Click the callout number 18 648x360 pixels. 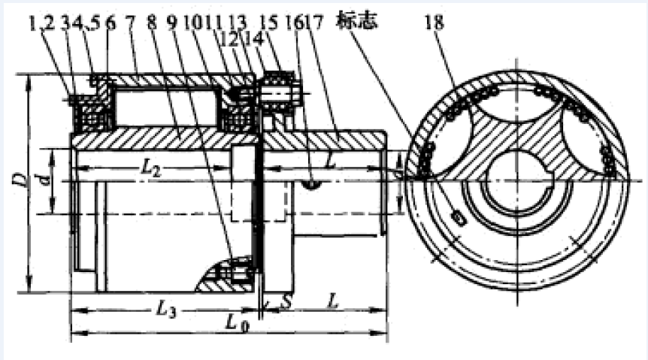(x=434, y=23)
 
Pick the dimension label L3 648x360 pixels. (x=166, y=307)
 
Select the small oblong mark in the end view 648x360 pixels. (x=459, y=217)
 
